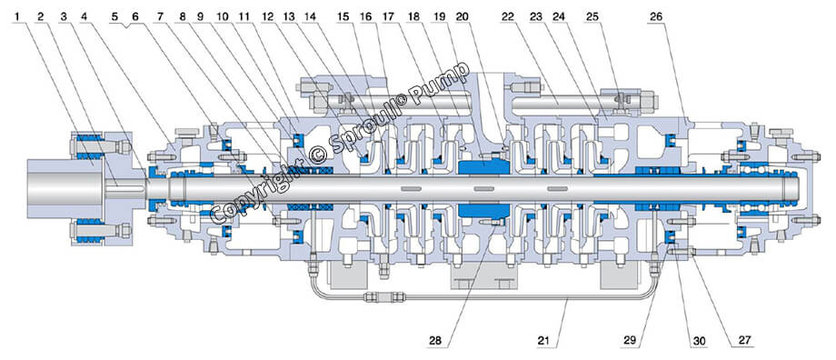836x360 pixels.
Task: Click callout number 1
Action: [x=20, y=16]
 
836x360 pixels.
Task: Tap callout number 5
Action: [x=114, y=16]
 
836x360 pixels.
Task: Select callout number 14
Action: [x=309, y=16]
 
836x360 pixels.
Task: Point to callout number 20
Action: [x=462, y=16]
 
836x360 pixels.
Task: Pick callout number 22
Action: [x=508, y=16]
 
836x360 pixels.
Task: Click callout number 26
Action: [x=656, y=16]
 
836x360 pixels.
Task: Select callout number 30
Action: [x=699, y=340]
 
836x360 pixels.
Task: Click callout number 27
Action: [x=741, y=340]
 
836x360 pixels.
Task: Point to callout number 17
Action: [x=390, y=16]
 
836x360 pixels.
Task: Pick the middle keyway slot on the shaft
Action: [x=483, y=188]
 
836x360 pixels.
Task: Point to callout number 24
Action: [x=559, y=16]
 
